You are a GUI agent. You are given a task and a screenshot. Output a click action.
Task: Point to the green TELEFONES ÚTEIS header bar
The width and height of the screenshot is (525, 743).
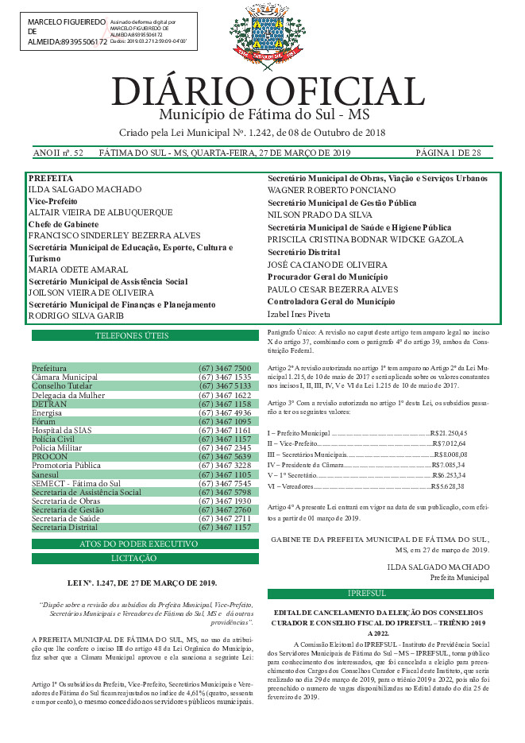click(x=143, y=336)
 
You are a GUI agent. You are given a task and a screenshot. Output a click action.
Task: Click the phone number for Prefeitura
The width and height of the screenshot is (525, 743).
click(x=225, y=369)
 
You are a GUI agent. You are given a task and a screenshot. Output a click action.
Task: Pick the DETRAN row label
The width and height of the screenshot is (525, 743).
click(x=49, y=404)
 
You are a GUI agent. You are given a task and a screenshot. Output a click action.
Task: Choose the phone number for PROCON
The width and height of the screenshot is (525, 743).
click(x=225, y=457)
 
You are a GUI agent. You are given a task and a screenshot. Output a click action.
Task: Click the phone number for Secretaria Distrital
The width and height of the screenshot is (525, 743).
click(x=225, y=527)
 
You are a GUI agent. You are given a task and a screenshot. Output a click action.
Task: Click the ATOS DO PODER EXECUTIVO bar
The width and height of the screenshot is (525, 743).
click(x=143, y=544)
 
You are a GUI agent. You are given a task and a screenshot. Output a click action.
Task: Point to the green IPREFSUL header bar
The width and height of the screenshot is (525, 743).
click(x=380, y=594)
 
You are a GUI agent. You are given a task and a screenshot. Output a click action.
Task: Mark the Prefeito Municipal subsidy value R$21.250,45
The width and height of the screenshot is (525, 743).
click(x=449, y=431)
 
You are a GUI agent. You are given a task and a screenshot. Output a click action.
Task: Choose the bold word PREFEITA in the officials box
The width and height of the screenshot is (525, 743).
click(x=49, y=179)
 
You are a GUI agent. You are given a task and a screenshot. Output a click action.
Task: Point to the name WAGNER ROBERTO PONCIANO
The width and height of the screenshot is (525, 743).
click(x=330, y=191)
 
